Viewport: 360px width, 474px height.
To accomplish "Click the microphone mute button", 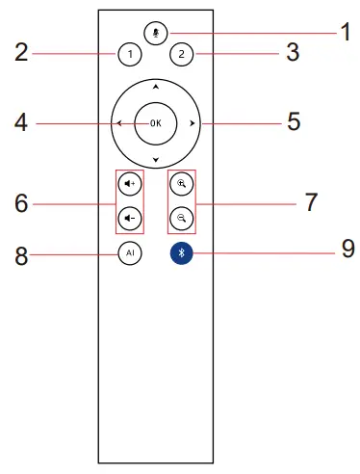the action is pos(156,33).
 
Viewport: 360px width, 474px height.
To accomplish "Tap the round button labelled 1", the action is pos(130,54).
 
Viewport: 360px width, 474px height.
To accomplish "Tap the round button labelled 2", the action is pos(182,54).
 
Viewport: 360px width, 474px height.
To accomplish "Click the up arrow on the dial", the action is pos(156,87).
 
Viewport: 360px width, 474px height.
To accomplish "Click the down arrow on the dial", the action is pos(156,160).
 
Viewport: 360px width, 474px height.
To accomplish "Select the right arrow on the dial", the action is pos(192,123).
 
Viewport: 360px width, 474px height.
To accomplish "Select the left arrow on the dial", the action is pos(119,123).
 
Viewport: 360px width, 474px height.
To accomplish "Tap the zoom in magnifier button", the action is pos(182,184).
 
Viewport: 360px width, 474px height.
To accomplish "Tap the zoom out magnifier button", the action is pos(182,219).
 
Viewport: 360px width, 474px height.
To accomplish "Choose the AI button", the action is pos(130,253).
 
